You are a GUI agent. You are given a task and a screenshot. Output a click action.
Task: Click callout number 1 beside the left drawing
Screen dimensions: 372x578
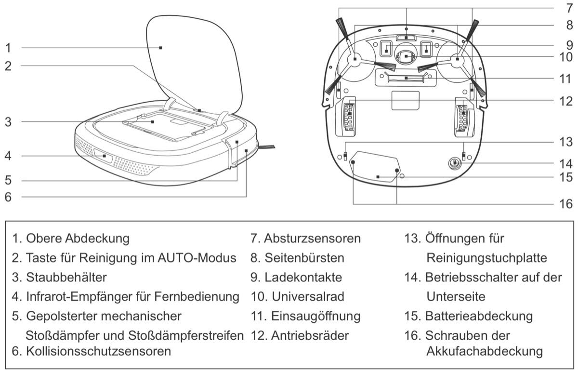8,48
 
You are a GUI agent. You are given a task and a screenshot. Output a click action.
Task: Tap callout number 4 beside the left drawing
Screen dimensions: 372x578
8,156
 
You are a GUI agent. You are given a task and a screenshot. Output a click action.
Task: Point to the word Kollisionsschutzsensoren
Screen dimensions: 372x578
98,351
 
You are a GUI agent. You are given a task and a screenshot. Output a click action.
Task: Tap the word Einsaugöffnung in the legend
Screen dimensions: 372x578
315,317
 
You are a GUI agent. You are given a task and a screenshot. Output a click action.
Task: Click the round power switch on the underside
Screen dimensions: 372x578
454,164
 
